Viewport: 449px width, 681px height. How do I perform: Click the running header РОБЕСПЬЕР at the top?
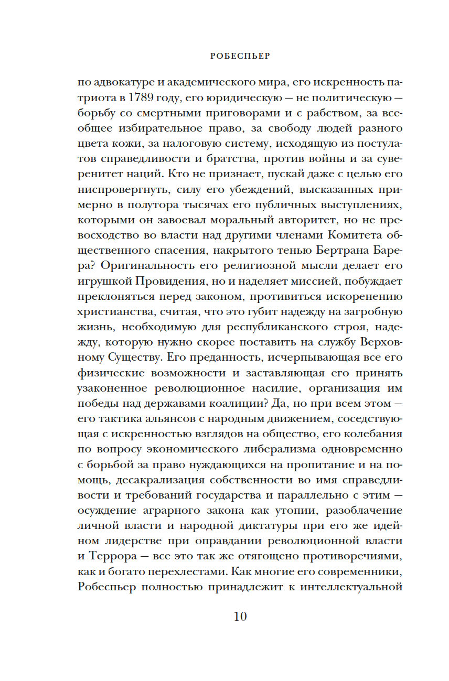[x=240, y=54]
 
